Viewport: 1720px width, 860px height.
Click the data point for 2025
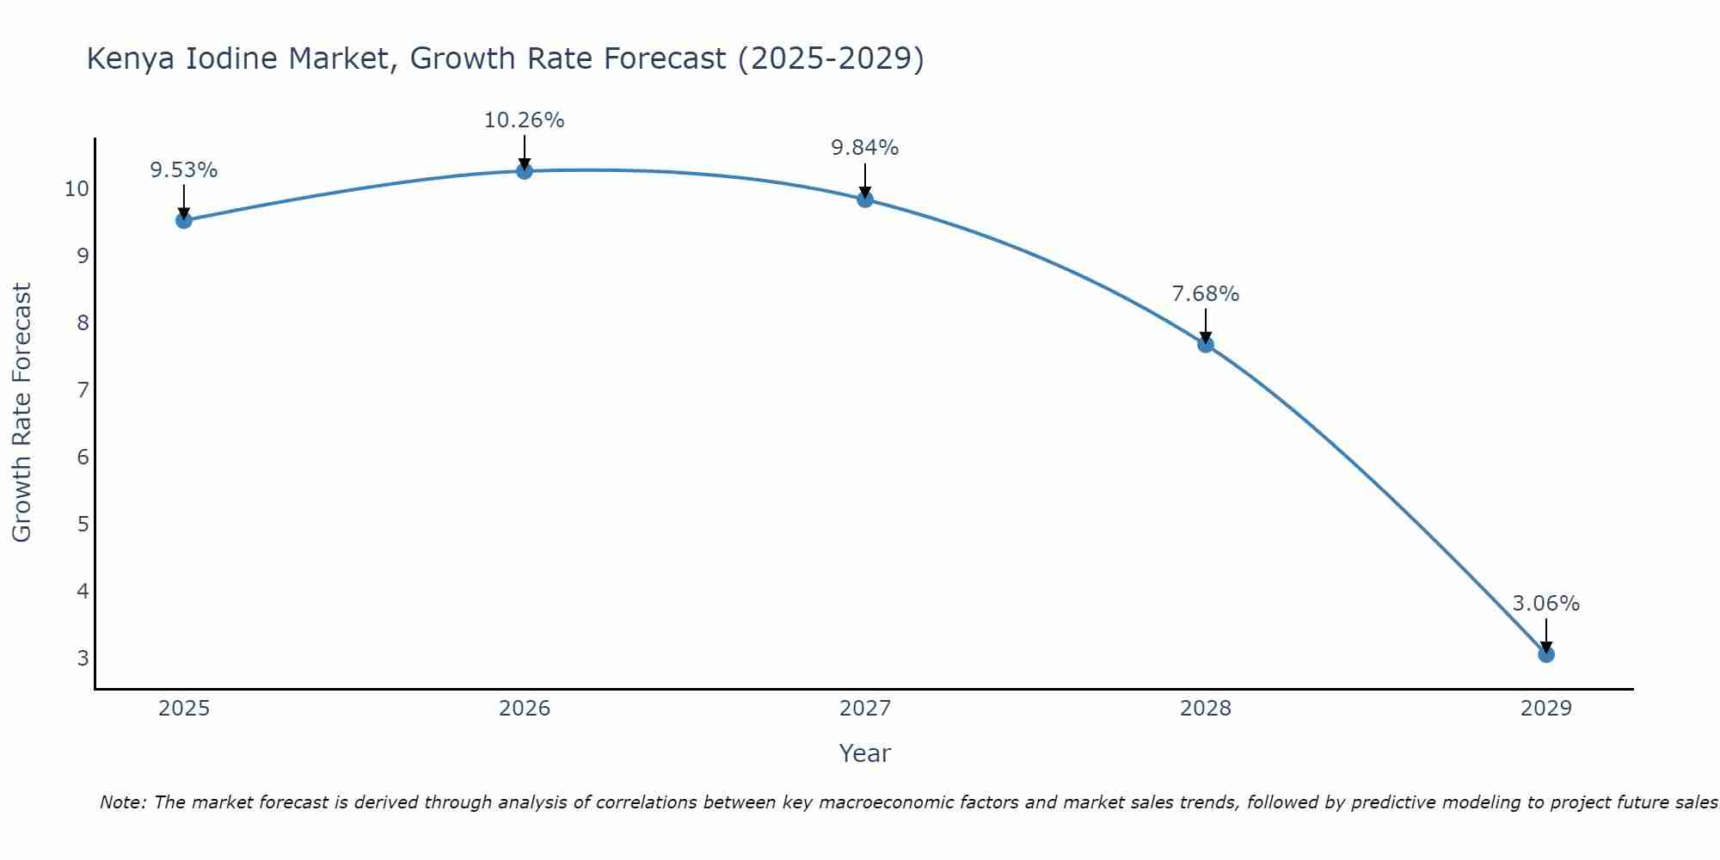(184, 220)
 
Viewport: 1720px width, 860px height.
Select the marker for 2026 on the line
(525, 171)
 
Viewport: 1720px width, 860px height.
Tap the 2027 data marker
(865, 200)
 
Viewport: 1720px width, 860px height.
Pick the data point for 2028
(1206, 344)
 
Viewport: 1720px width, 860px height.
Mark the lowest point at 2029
(1546, 654)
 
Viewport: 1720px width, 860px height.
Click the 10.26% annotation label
(525, 120)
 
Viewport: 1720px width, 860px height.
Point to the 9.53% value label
(184, 170)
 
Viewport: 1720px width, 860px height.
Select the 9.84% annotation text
(865, 148)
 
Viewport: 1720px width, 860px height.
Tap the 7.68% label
(1206, 294)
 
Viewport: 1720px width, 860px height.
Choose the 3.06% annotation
(1546, 604)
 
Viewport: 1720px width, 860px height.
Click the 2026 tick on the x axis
(525, 709)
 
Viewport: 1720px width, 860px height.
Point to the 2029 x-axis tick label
(1546, 709)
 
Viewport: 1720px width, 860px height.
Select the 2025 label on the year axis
(184, 709)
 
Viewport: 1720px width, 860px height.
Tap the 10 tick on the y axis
(77, 189)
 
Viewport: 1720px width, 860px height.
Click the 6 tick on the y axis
(83, 457)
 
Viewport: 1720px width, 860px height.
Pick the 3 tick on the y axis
(83, 658)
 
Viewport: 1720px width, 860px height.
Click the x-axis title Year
(865, 753)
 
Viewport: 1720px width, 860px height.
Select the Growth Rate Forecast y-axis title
(22, 413)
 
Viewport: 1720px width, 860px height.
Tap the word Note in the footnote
(123, 802)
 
